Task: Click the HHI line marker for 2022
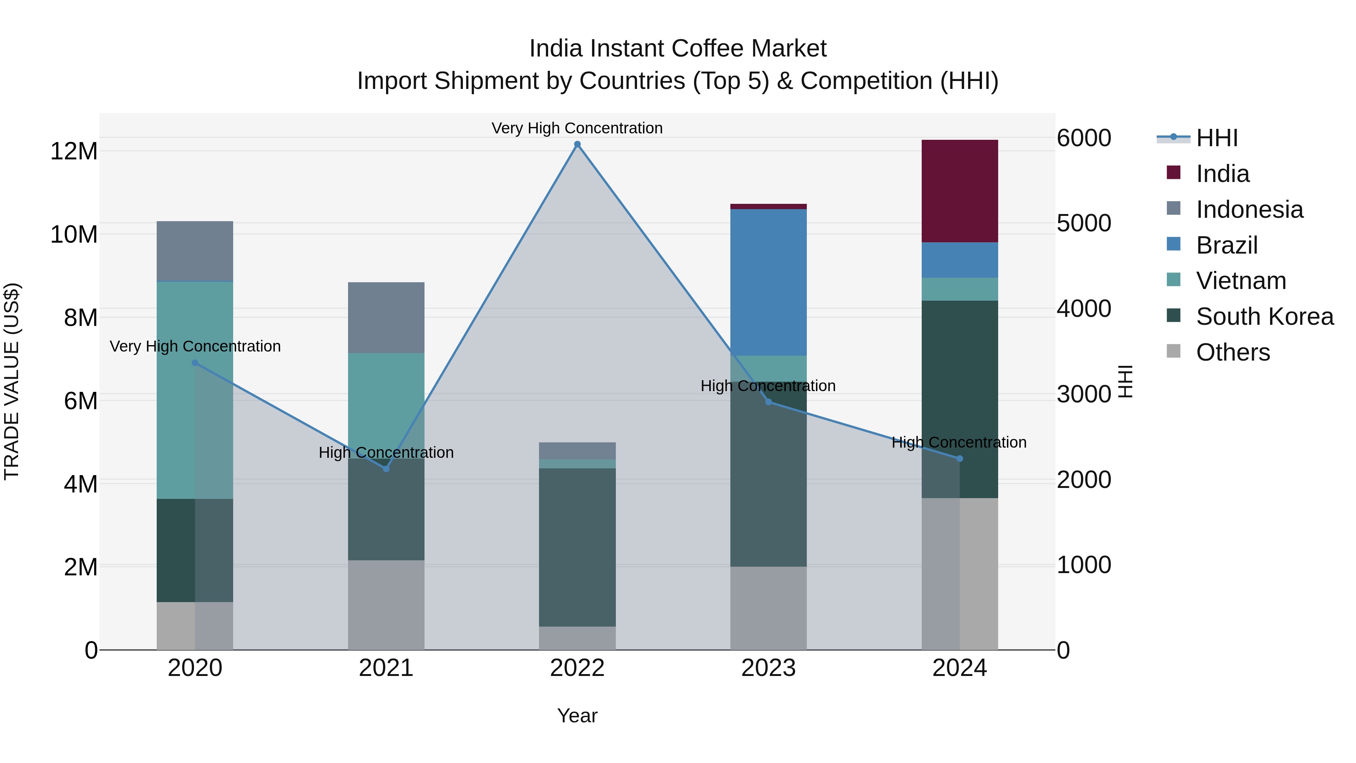577,144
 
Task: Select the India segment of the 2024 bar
960,191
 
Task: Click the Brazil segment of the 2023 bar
768,282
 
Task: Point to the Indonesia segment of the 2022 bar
577,451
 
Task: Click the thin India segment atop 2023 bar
768,206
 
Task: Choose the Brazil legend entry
1226,245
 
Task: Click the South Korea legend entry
1263,317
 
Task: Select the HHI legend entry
1216,138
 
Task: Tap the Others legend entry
1232,352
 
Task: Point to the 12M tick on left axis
74,151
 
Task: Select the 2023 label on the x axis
768,668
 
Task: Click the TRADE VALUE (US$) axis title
12,381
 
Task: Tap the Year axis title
577,716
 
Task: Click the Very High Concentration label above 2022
577,128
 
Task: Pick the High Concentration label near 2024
959,442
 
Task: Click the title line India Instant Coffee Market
678,49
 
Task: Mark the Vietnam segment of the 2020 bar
195,390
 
